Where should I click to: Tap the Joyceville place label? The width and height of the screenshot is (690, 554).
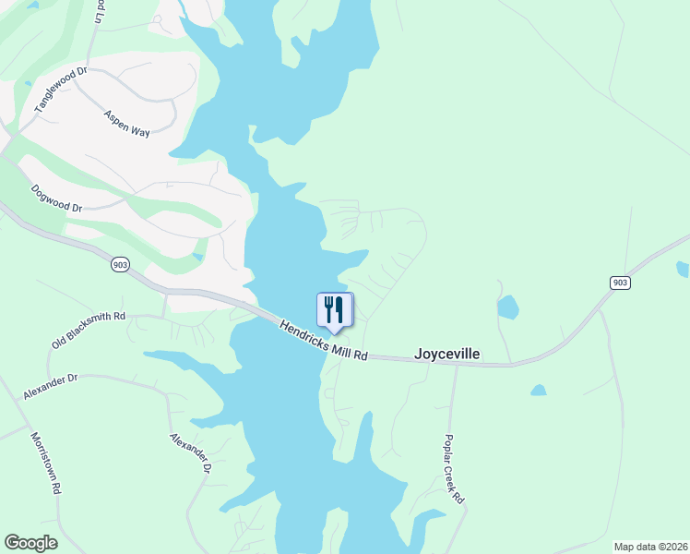447,354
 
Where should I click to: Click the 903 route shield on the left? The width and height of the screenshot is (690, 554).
119,265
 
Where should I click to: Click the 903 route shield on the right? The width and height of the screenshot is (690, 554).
620,282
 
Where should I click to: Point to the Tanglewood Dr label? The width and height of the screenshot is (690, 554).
60,90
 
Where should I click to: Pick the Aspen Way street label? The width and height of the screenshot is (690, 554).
127,124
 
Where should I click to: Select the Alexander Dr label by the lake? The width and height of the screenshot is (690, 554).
191,454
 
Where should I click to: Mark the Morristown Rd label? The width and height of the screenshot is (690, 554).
45,463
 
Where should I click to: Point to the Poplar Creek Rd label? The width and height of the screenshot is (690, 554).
454,468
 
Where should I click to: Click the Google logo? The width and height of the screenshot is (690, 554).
30,543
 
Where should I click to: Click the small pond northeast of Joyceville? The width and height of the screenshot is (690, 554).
507,307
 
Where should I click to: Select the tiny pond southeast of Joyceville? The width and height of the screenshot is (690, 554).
539,391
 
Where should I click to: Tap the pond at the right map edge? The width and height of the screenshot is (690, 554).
682,269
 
